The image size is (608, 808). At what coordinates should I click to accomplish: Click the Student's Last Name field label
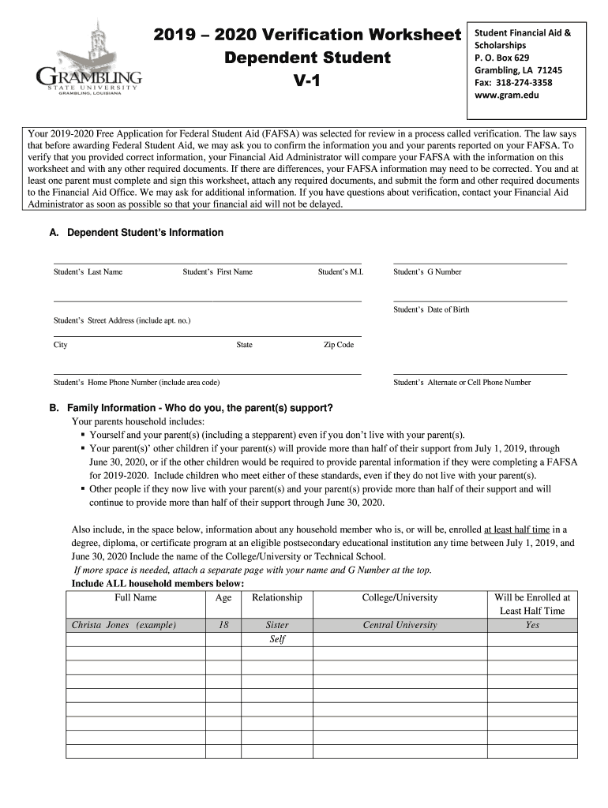pos(88,272)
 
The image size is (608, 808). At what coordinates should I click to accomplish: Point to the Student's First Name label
pos(217,272)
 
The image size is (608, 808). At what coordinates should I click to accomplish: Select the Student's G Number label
pos(427,272)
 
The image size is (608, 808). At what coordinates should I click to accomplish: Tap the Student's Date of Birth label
pos(431,310)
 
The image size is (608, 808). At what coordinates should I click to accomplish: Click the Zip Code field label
pos(339,345)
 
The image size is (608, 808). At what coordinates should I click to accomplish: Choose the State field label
pos(244,345)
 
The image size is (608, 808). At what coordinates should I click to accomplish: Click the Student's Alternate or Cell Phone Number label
pos(462,383)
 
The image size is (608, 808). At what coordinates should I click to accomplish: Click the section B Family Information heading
pos(191,408)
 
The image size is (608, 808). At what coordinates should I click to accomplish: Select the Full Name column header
pos(136,597)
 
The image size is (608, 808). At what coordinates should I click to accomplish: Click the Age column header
pos(223,597)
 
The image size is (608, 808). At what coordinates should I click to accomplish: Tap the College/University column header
pos(400,597)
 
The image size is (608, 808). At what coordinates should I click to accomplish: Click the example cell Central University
pos(400,625)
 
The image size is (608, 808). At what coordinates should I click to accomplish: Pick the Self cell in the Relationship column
pos(277,639)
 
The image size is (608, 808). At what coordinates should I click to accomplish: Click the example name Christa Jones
pos(124,625)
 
